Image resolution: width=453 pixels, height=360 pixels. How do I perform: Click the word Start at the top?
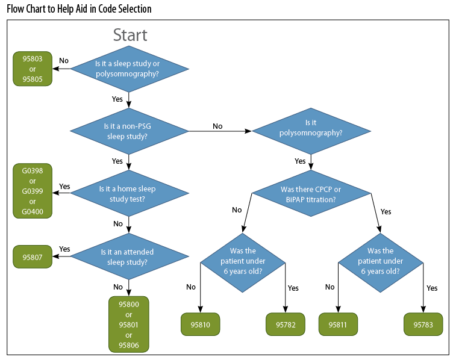130,35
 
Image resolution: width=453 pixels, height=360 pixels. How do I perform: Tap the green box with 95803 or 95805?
33,69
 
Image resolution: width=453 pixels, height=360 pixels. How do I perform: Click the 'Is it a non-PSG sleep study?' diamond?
130,131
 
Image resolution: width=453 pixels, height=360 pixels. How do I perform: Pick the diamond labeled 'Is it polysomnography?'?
311,131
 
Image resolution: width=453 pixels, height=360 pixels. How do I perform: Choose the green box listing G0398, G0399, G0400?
33,191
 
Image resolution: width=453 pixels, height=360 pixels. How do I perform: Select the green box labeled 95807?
33,257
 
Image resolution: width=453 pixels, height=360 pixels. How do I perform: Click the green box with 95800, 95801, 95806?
129,324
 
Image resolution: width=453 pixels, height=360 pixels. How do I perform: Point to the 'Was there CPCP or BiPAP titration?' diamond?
311,194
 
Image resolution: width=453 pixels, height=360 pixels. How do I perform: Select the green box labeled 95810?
201,324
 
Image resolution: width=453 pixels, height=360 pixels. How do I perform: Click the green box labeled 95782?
286,324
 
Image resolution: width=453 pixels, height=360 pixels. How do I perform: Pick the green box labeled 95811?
338,324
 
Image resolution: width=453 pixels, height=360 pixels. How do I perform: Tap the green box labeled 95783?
423,324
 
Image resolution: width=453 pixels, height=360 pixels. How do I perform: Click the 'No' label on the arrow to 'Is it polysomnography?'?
217,126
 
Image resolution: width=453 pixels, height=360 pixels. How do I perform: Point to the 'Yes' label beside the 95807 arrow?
64,249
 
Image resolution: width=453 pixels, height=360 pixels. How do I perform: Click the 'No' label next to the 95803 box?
63,61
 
